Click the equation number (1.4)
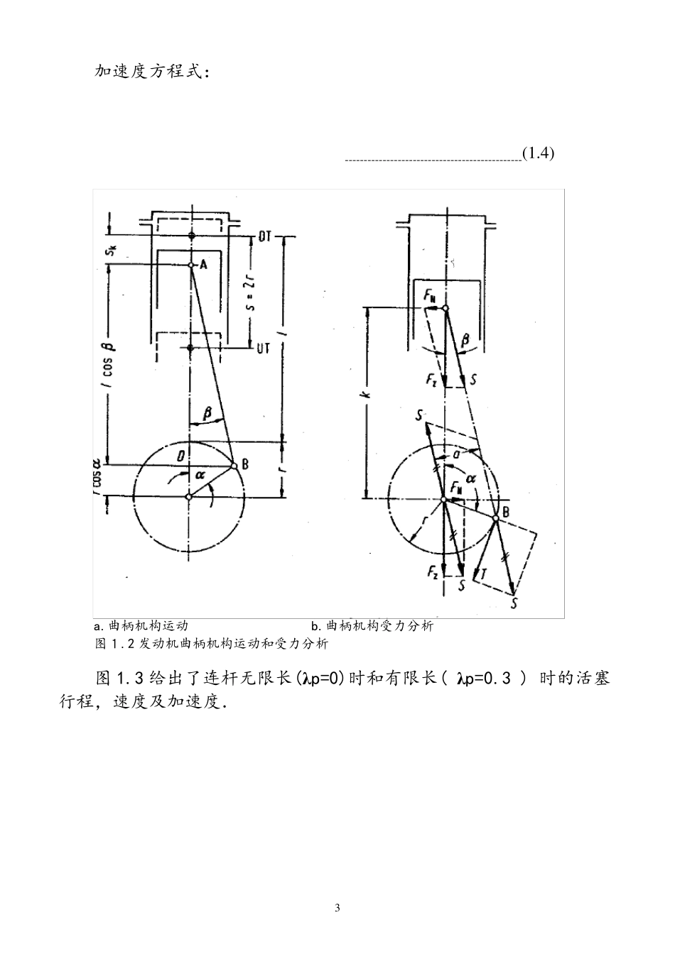pyautogui.click(x=537, y=153)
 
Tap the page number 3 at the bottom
pyautogui.click(x=337, y=908)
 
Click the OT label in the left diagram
pyautogui.click(x=264, y=237)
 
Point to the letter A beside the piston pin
pyautogui.click(x=202, y=264)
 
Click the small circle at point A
pyautogui.click(x=190, y=265)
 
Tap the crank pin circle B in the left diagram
pyautogui.click(x=234, y=466)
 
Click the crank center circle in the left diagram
pyautogui.click(x=188, y=497)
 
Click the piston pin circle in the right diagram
pyautogui.click(x=445, y=308)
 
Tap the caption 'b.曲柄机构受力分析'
pyautogui.click(x=372, y=626)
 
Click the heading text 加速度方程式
pyautogui.click(x=151, y=72)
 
